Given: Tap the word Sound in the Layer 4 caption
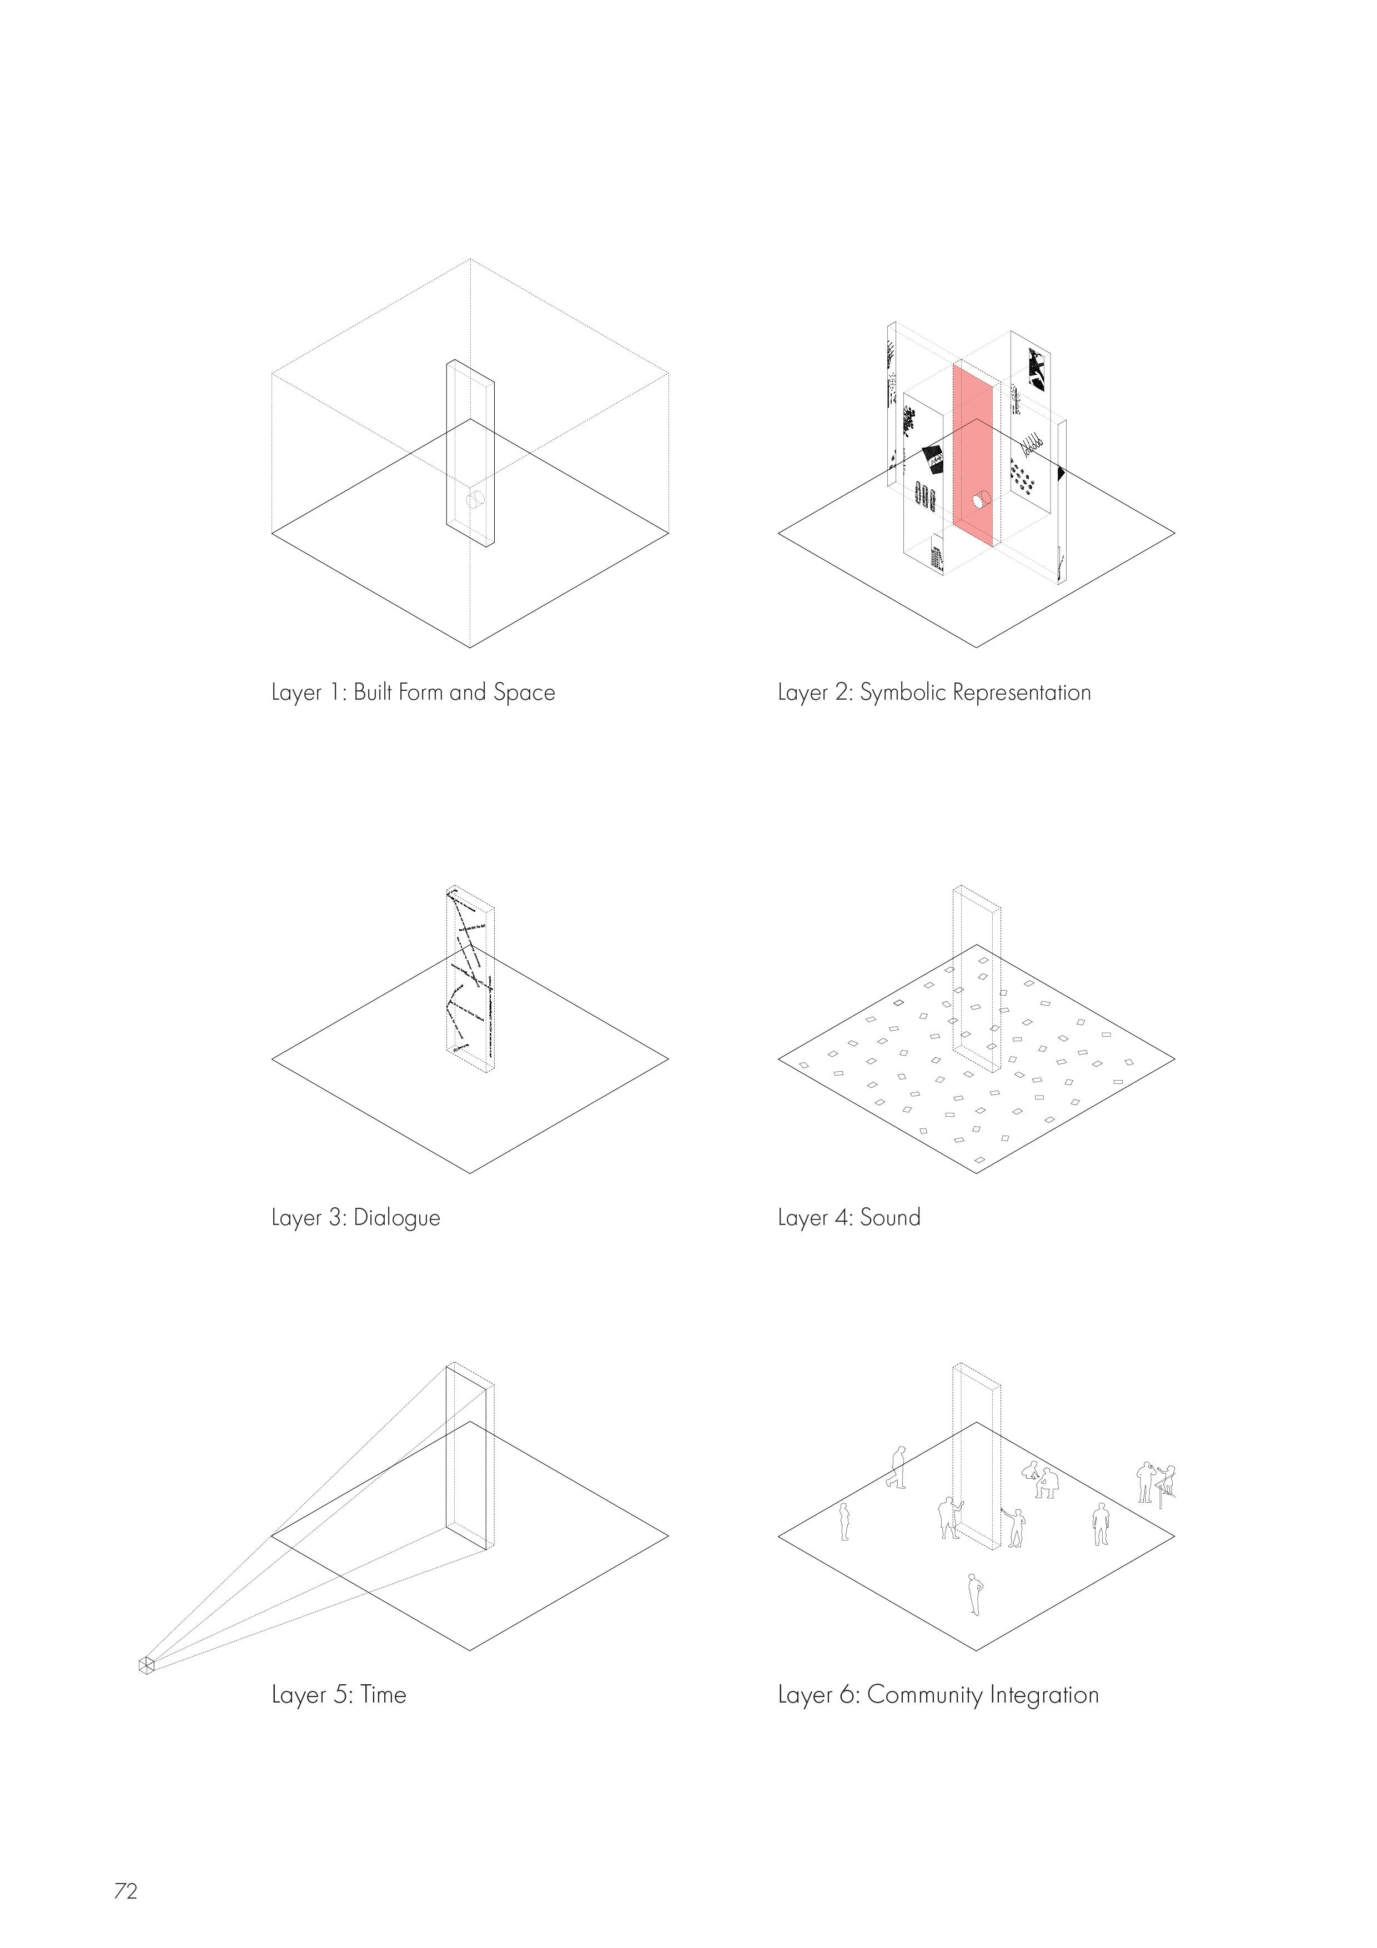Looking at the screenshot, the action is (890, 1217).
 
